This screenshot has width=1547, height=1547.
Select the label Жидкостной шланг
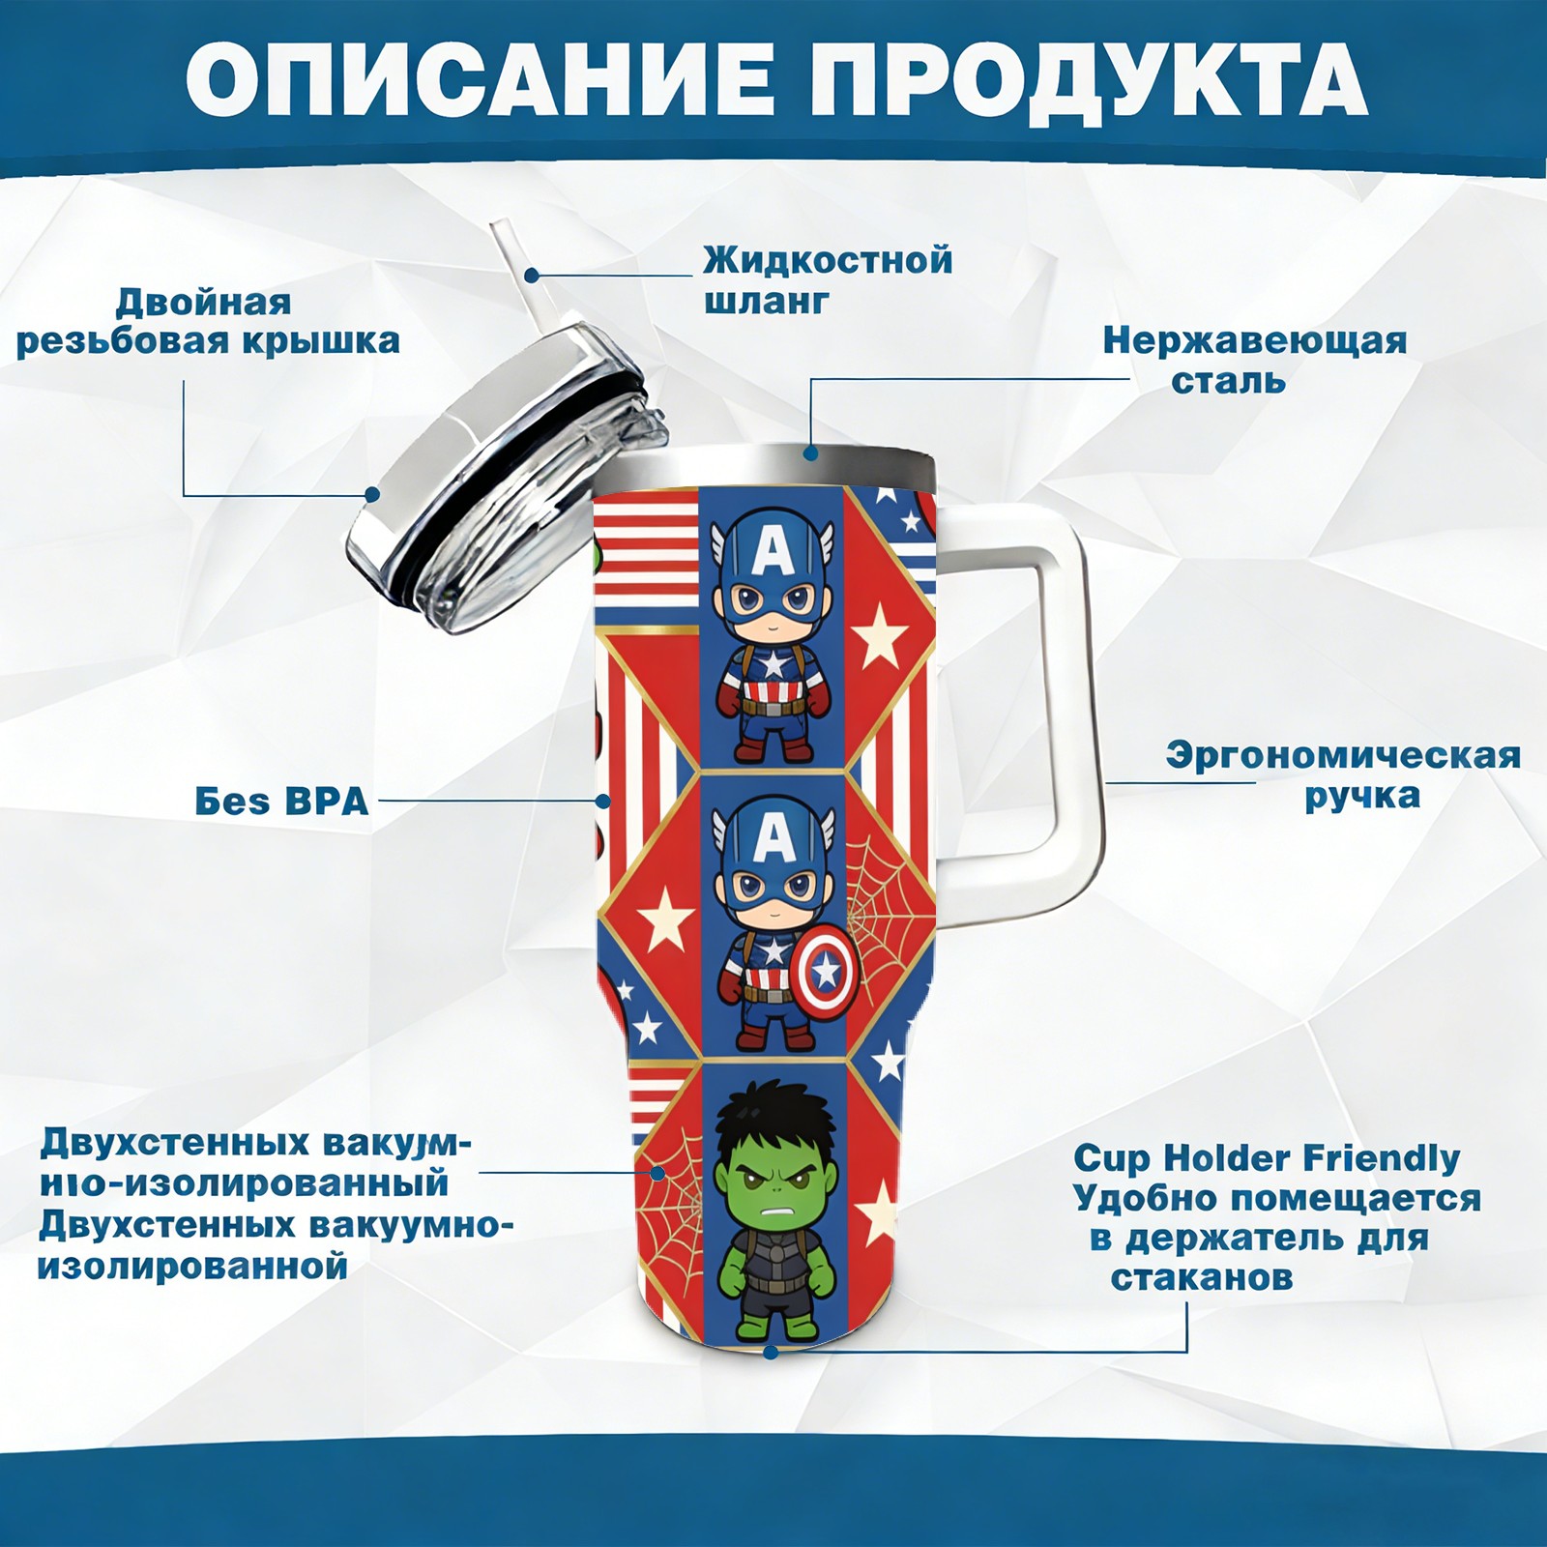[828, 279]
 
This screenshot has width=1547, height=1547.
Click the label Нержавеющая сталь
[1255, 360]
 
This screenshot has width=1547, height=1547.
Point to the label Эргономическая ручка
[1343, 775]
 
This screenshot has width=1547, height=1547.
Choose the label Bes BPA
[281, 802]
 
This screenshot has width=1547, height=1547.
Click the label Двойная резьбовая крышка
[208, 321]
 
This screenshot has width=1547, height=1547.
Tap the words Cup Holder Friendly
[1267, 1157]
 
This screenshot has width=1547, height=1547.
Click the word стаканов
[1201, 1277]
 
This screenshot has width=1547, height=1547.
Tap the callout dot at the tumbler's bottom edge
[771, 1350]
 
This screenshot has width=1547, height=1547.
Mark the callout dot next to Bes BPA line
[603, 802]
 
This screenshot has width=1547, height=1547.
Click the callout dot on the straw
[532, 275]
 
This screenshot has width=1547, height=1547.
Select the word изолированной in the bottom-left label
[192, 1266]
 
